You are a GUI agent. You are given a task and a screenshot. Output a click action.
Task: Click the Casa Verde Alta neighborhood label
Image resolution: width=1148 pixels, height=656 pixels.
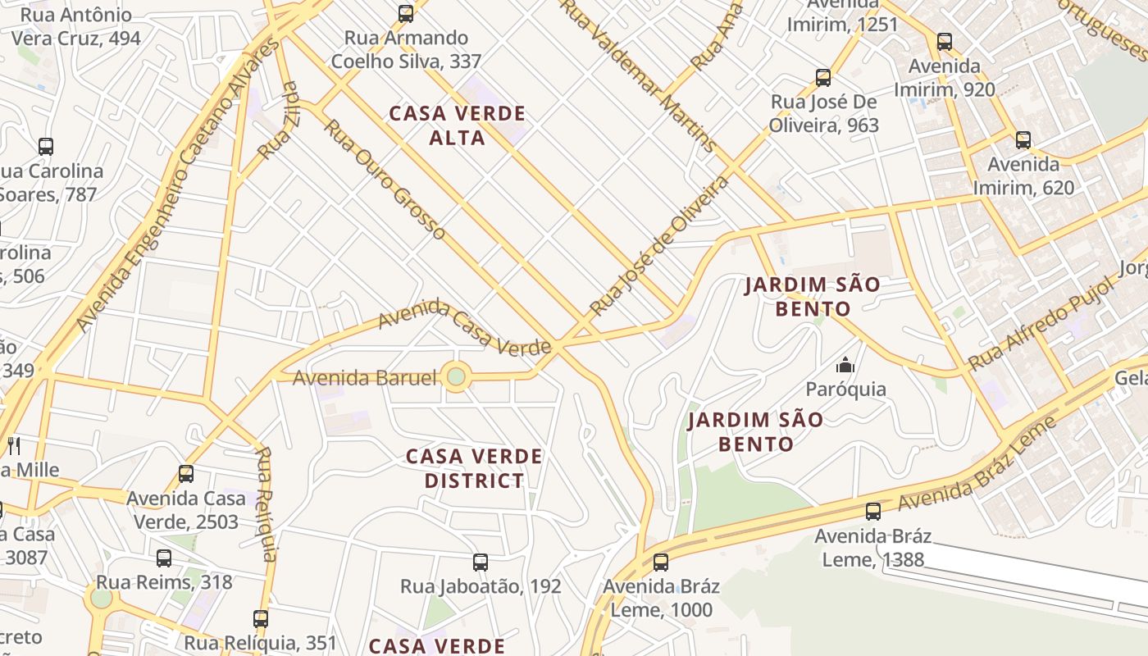pos(457,125)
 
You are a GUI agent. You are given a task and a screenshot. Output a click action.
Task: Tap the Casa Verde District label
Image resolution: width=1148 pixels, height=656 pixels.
pos(474,467)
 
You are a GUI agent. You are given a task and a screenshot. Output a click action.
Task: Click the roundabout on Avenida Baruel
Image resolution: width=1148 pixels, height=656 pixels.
pos(457,377)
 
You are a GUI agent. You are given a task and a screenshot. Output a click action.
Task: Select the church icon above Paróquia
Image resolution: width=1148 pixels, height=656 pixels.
pos(845,365)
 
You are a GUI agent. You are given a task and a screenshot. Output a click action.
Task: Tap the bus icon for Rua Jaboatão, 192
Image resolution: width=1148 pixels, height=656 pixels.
pos(481,563)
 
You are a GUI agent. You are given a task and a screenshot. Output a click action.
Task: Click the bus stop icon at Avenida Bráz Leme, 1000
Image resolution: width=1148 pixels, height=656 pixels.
pos(661,563)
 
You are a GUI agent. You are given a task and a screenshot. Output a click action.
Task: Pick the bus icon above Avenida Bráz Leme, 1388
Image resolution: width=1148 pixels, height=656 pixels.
pos(873,512)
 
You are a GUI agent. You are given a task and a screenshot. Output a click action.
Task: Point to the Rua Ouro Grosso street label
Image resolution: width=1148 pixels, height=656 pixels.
pos(385,180)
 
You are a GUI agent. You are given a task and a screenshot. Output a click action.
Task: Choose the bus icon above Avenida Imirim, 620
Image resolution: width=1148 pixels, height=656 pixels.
pos(1023,140)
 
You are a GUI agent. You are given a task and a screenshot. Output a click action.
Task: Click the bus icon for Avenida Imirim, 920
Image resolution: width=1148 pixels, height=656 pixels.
pos(945,42)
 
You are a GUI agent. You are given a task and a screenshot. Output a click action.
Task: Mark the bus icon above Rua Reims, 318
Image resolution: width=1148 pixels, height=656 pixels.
pos(164,558)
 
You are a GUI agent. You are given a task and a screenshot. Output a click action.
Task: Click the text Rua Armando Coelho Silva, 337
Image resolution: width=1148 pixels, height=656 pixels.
pos(406,49)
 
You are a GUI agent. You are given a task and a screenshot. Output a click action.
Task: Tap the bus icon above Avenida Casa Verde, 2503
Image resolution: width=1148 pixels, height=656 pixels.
pos(186,474)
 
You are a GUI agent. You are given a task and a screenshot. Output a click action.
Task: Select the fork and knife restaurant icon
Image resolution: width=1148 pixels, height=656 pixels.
pos(14,446)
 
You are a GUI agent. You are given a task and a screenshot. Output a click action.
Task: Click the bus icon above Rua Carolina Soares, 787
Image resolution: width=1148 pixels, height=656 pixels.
pos(46,147)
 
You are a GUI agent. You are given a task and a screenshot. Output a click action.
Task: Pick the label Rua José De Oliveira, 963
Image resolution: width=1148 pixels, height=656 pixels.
pos(823,113)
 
